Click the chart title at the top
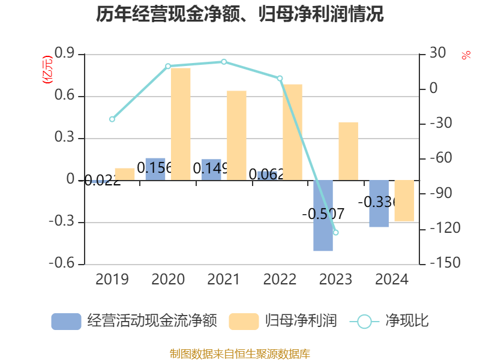pos(240,14)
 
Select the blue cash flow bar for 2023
pos(323,215)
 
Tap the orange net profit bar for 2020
pos(181,124)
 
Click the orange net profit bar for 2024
pos(404,200)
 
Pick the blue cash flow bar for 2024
pos(379,203)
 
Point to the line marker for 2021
pos(224,62)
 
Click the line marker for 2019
pos(112,119)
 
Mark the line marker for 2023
pos(335,232)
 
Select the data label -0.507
pos(323,214)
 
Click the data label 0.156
pos(154,168)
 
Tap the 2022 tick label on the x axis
pos(280,279)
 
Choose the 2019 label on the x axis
pos(112,279)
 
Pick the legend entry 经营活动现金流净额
pos(134,321)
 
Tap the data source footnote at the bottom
pos(240,353)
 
